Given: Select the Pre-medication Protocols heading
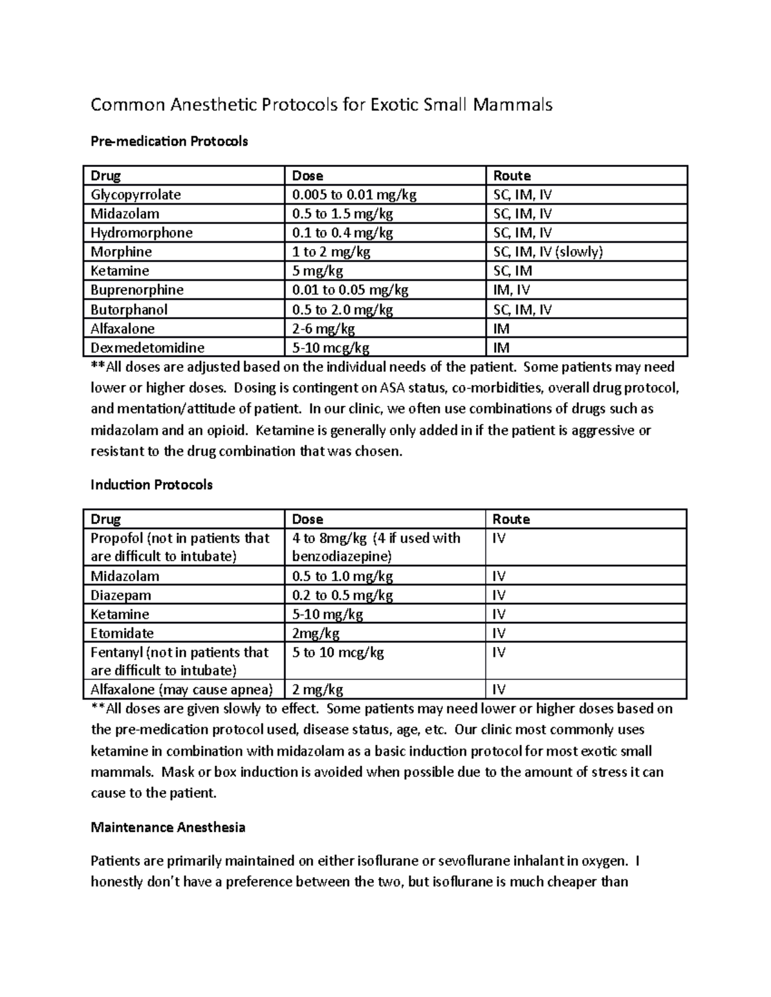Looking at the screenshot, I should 169,141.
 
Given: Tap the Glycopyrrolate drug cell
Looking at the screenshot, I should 136,195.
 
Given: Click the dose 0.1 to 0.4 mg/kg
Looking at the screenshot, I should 342,232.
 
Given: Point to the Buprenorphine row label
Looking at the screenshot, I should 137,290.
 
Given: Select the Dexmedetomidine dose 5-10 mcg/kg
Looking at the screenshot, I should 331,348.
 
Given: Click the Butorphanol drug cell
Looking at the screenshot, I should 129,309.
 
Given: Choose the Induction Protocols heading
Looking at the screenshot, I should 152,485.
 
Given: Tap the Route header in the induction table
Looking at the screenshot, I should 511,519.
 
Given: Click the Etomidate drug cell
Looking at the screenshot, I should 122,633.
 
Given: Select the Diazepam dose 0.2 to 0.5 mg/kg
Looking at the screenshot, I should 342,595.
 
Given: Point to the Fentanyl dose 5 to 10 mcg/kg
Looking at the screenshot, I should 338,652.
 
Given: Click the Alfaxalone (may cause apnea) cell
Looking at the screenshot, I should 182,689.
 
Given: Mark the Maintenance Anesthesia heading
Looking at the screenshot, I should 168,827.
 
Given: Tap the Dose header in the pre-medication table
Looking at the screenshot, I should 308,176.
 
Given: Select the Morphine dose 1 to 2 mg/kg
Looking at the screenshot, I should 332,252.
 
